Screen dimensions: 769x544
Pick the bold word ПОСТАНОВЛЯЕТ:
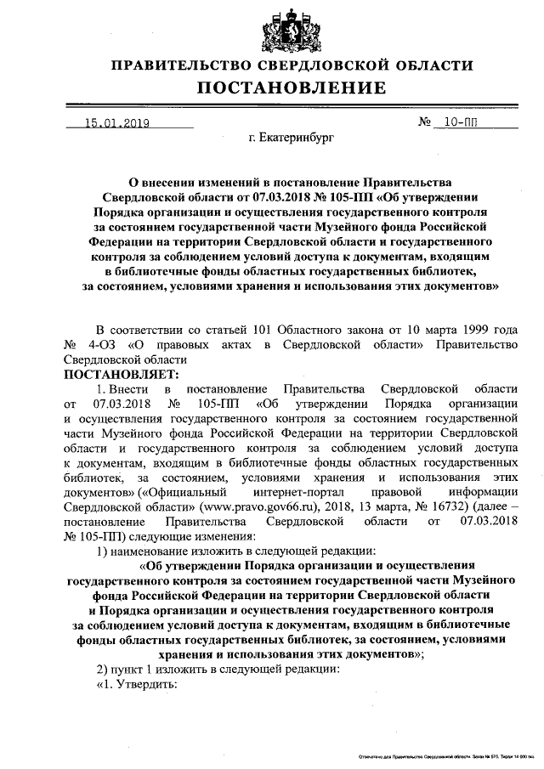click(x=119, y=373)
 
